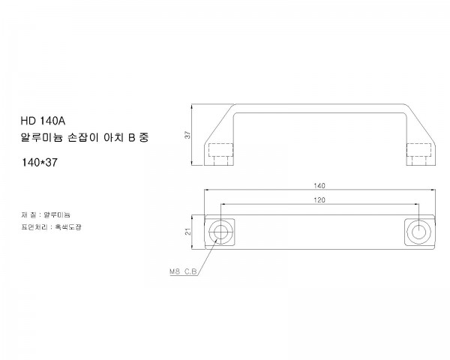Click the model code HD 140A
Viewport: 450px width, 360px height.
pyautogui.click(x=43, y=120)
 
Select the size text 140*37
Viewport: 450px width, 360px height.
pyautogui.click(x=40, y=161)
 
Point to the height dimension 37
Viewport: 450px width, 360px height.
pyautogui.click(x=187, y=134)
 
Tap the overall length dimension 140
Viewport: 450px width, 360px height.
pyautogui.click(x=319, y=184)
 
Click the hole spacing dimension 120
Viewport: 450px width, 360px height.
pyautogui.click(x=319, y=200)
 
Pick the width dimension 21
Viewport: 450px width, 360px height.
pyautogui.click(x=187, y=231)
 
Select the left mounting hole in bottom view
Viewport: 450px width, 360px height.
pyautogui.click(x=220, y=231)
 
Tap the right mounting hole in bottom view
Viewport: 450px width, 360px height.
pyautogui.click(x=417, y=231)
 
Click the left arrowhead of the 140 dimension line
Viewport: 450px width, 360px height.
pyautogui.click(x=206, y=190)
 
